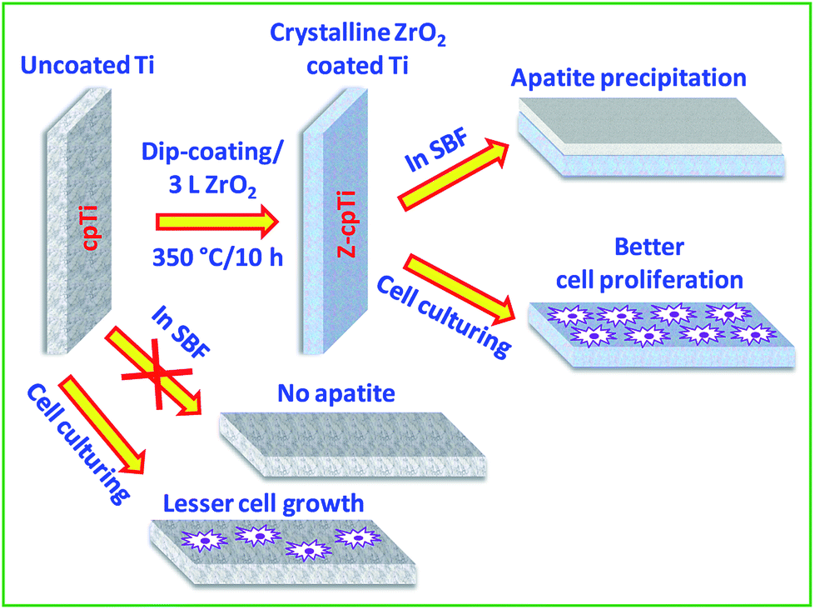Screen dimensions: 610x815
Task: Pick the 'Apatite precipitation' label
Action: (629, 79)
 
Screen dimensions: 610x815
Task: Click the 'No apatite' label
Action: (336, 392)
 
